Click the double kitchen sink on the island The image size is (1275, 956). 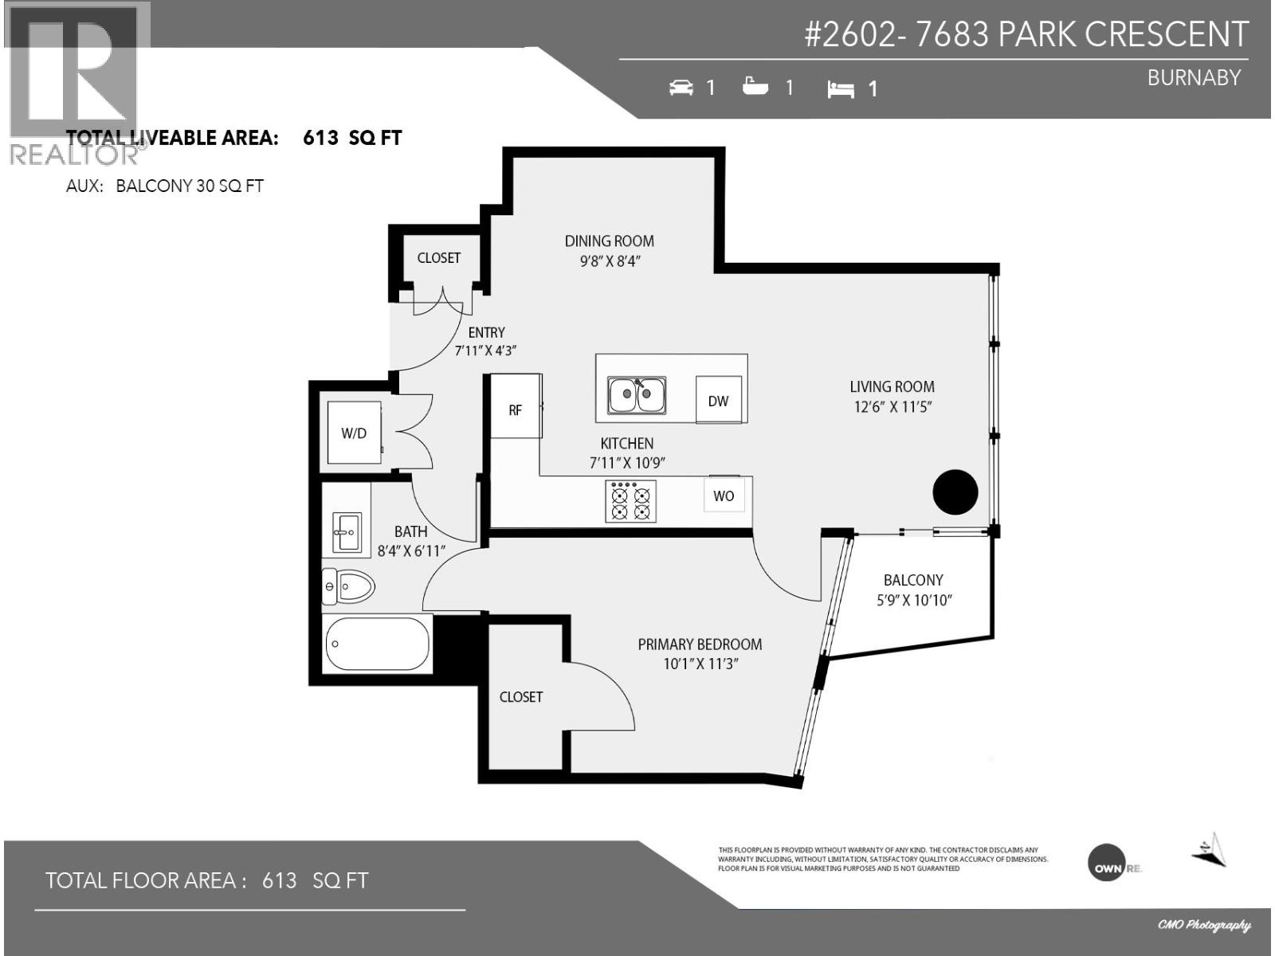pyautogui.click(x=637, y=395)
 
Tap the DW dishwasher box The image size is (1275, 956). pyautogui.click(x=718, y=401)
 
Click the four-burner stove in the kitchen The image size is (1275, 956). pyautogui.click(x=630, y=501)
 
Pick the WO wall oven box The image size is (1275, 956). pyautogui.click(x=724, y=496)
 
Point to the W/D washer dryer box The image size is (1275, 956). pyautogui.click(x=355, y=433)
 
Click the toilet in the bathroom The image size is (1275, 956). pyautogui.click(x=349, y=588)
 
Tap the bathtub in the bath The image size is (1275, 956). pyautogui.click(x=378, y=644)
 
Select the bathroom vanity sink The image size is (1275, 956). pyautogui.click(x=347, y=532)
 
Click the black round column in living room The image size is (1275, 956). pyautogui.click(x=955, y=492)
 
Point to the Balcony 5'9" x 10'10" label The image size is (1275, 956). pyautogui.click(x=913, y=590)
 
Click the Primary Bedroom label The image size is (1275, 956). pyautogui.click(x=700, y=653)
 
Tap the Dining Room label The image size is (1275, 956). pyautogui.click(x=610, y=250)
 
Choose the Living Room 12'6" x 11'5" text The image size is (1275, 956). pyautogui.click(x=892, y=396)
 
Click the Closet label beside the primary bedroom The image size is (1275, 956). pyautogui.click(x=521, y=696)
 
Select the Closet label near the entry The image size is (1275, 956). pyautogui.click(x=439, y=257)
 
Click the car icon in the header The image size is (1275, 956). pyautogui.click(x=681, y=87)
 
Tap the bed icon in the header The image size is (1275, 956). pyautogui.click(x=841, y=89)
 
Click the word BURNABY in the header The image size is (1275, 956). pyautogui.click(x=1194, y=77)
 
